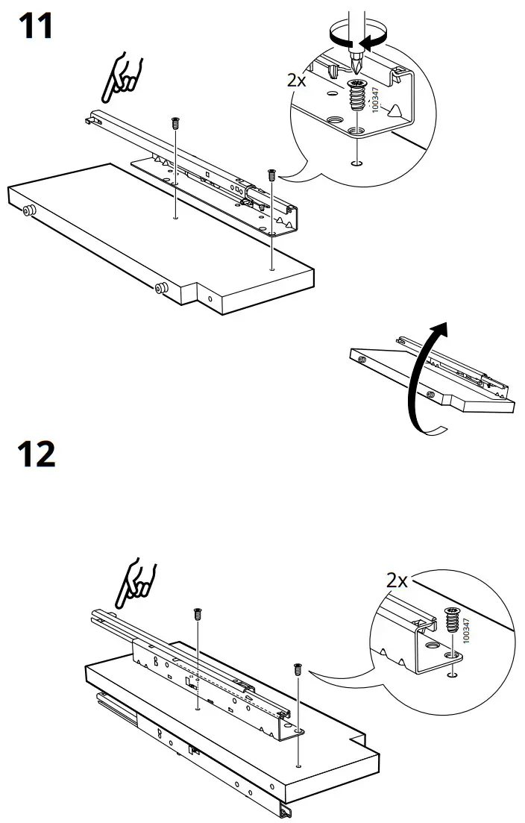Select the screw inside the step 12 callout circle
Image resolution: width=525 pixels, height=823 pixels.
coord(451,620)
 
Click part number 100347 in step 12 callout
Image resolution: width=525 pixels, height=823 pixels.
coord(467,630)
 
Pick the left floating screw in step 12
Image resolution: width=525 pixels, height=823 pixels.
coord(198,613)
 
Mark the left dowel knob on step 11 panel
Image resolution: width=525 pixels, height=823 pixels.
coord(28,212)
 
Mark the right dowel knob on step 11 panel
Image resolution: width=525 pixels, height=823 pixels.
coord(160,287)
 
